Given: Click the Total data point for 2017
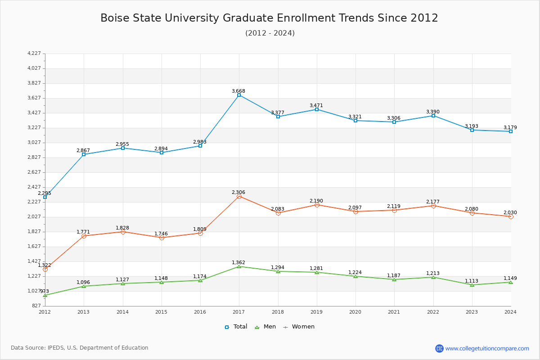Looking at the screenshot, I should point(239,95).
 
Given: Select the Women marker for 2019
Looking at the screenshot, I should point(317,205).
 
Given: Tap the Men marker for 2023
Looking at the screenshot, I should point(472,285).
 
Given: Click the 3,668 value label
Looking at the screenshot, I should point(238,91).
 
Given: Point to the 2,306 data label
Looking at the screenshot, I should point(238,192).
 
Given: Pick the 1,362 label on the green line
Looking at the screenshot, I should point(238,262).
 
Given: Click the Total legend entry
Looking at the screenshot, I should point(236,327).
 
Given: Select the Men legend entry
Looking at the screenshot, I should point(266,327).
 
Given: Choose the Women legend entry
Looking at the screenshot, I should point(299,327).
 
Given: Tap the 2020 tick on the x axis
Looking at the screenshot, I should point(355,311).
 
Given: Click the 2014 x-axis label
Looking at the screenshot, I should point(122,311).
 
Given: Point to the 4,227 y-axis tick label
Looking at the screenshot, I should point(34,54).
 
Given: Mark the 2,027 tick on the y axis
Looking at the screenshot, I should point(34,216).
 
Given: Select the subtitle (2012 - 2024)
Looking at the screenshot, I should point(270,33).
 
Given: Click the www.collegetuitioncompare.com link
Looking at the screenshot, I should point(487,348).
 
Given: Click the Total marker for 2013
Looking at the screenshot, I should point(84,154).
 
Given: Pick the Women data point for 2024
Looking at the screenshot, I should point(511,216).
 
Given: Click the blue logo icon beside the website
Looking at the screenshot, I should point(439,348).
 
